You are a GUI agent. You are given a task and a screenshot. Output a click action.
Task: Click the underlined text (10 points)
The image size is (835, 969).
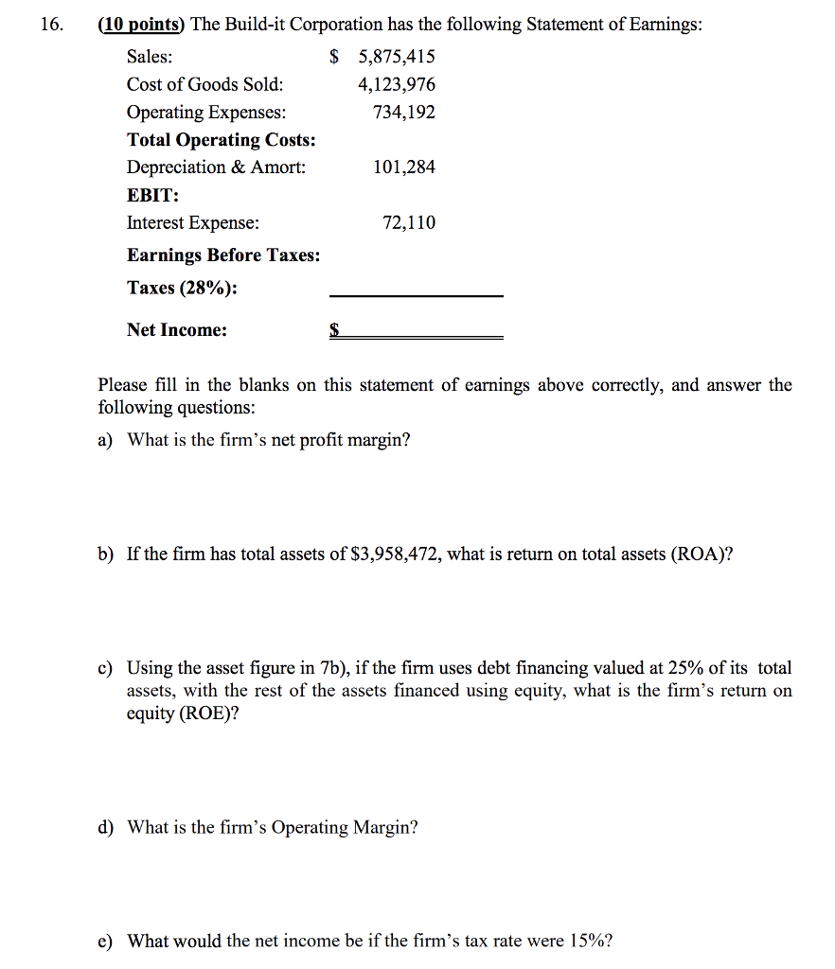pyautogui.click(x=142, y=25)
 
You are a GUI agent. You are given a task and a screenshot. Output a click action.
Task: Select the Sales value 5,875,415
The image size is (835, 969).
pyautogui.click(x=396, y=57)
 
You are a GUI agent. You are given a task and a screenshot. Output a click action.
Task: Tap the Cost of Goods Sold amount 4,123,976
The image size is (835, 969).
pyautogui.click(x=397, y=85)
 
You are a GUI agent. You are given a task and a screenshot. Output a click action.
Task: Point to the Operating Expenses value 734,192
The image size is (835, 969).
pyautogui.click(x=404, y=113)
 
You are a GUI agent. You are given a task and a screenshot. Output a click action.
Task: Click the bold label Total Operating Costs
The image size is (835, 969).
pyautogui.click(x=222, y=140)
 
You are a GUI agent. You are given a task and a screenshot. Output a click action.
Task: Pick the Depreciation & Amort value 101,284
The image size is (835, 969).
pyautogui.click(x=404, y=167)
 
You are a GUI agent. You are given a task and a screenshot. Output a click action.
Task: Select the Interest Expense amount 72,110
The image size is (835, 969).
pyautogui.click(x=409, y=223)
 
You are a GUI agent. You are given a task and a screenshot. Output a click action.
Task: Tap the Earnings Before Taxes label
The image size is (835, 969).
pyautogui.click(x=223, y=255)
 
